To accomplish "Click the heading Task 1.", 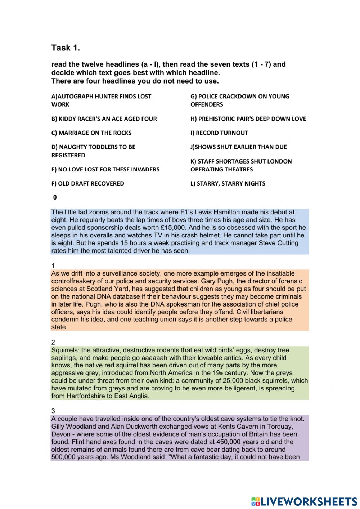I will pos(66,48).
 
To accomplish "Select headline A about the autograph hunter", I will pos(101,100).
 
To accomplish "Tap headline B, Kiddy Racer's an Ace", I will pos(104,119).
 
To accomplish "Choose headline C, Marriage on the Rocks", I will pos(91,133).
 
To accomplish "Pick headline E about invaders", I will pos(105,169).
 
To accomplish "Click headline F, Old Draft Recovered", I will pos(87,183).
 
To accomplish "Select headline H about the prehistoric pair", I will pos(248,119).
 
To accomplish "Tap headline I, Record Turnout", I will pos(219,133).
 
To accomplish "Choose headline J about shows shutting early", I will pos(238,147).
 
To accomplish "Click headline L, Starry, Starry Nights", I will pos(228,183).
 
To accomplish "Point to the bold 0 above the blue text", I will pos(55,197).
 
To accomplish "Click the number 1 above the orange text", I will pos(53,266).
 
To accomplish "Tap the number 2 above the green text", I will pos(53,342).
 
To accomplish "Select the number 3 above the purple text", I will pos(53,411).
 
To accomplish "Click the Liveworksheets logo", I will pos(304,501).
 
